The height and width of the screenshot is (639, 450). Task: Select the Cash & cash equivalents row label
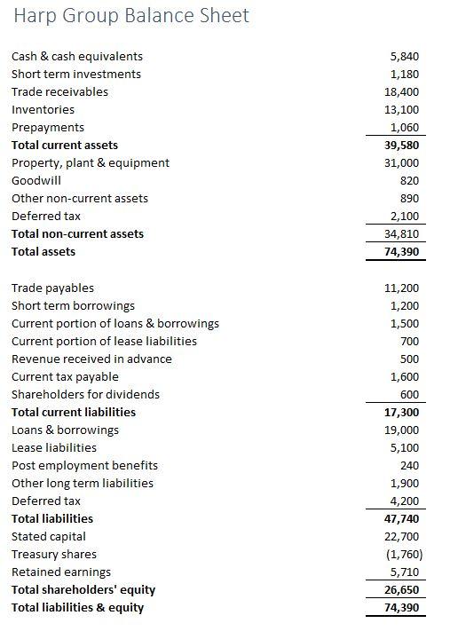(76, 56)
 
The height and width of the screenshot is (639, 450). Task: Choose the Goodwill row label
(36, 180)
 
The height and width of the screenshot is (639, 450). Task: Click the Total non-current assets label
(77, 233)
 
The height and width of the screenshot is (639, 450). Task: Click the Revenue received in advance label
(91, 359)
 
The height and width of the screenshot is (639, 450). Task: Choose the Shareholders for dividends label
(85, 394)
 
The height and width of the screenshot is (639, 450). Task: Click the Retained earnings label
(61, 572)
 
